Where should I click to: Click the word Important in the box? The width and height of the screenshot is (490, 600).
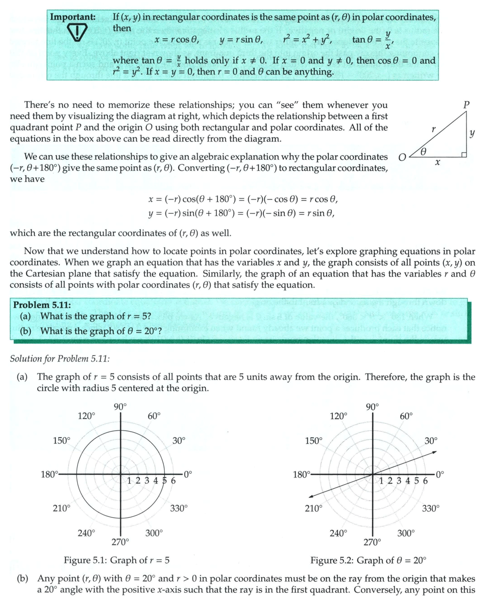[x=72, y=16]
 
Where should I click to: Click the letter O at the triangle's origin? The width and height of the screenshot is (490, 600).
[x=402, y=157]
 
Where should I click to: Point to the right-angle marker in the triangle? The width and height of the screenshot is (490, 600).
[x=464, y=154]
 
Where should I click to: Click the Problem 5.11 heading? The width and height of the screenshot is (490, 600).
[x=41, y=305]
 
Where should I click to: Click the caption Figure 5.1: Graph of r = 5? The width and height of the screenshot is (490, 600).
[x=116, y=560]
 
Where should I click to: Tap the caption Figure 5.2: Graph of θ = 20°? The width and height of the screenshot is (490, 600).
[x=367, y=560]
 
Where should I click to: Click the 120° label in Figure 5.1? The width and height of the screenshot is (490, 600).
[x=86, y=415]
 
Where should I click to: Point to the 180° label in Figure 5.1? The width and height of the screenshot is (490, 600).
[x=50, y=474]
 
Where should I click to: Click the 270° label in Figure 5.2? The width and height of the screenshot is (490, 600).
[x=372, y=541]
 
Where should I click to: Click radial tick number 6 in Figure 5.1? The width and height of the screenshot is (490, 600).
[x=173, y=481]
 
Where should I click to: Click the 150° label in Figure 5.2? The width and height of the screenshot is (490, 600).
[x=313, y=440]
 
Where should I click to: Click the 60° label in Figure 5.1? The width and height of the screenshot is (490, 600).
[x=154, y=415]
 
